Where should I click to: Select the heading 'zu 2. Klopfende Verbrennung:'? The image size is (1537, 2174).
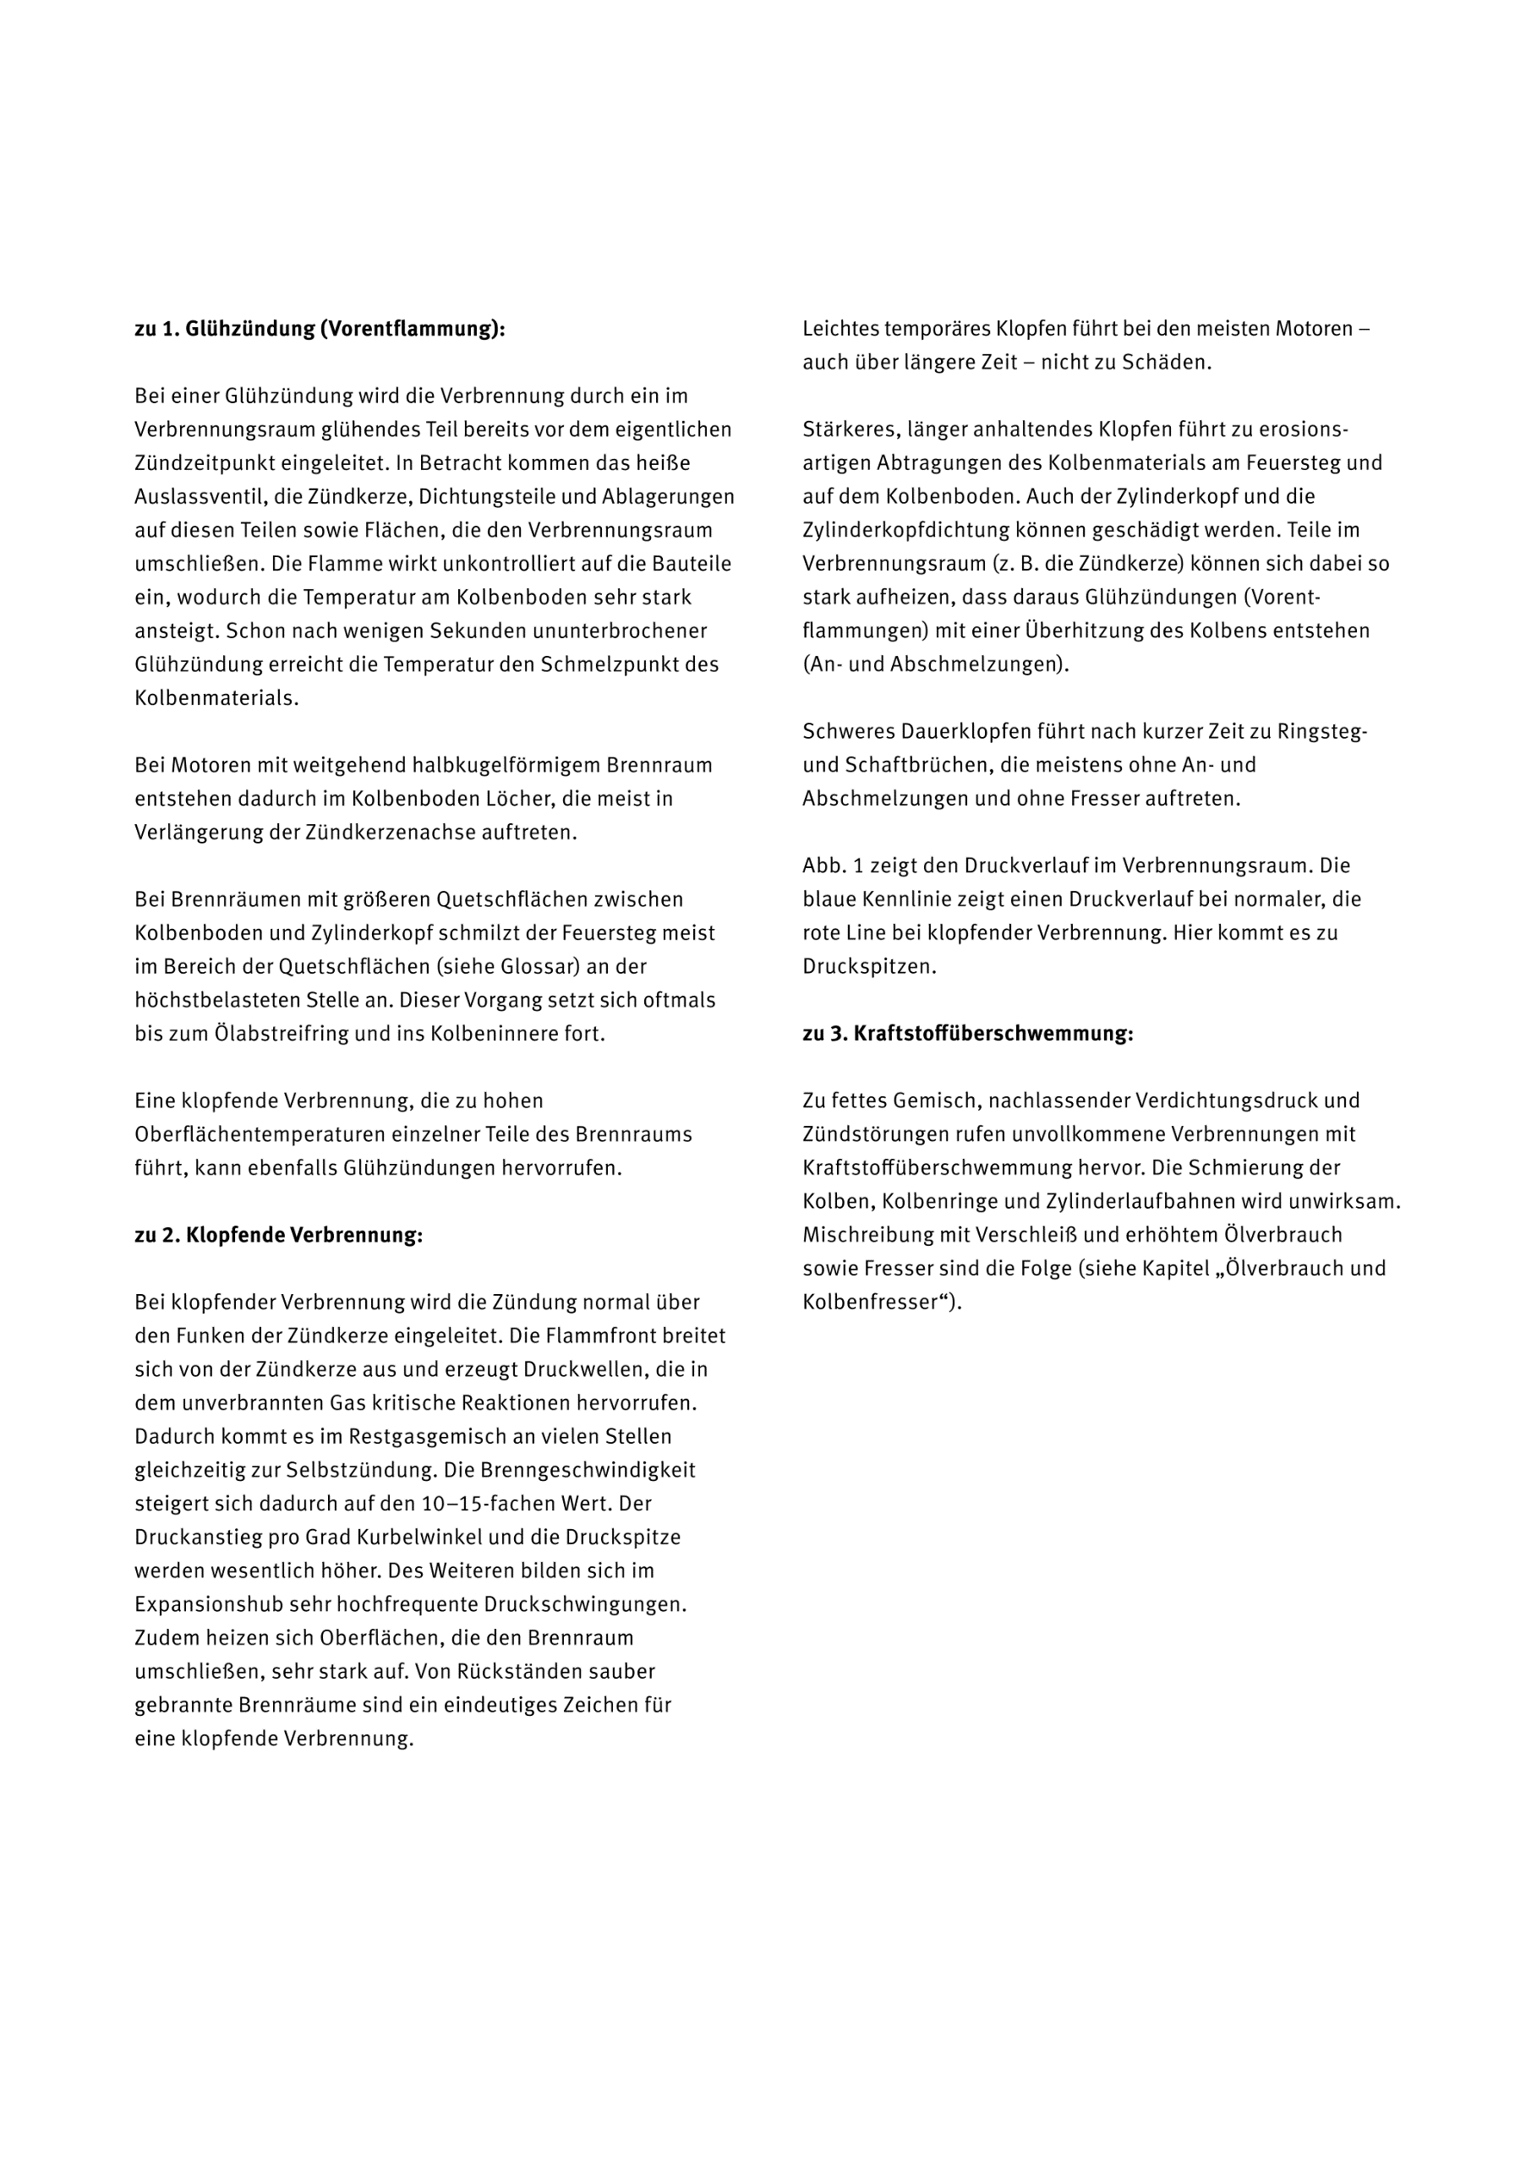(x=278, y=1235)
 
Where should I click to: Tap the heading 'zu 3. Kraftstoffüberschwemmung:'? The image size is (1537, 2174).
(x=967, y=1033)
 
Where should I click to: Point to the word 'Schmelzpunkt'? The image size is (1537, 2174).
(x=602, y=664)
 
